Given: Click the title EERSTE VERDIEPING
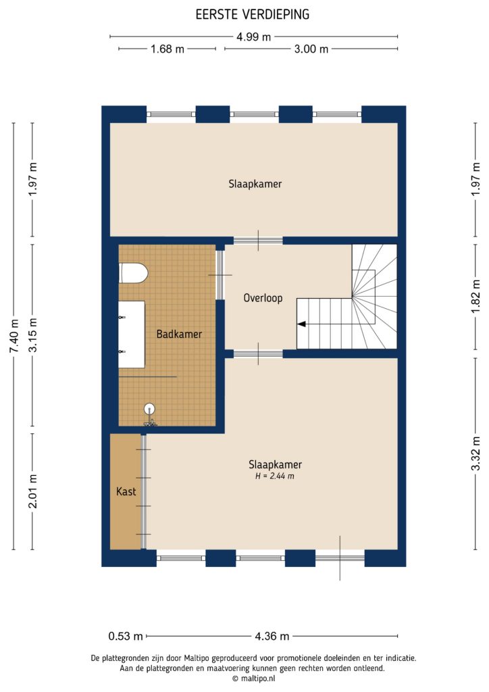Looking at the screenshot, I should coord(253,14).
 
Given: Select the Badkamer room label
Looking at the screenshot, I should coord(179,334).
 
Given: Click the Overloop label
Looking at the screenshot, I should coord(263,298).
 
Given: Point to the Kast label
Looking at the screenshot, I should coord(126,492).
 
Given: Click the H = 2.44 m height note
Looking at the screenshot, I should coord(275,476).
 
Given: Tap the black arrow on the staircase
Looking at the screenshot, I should coord(301,324).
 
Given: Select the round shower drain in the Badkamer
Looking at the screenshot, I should coord(150,408).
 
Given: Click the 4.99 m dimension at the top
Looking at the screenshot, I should coord(253,37).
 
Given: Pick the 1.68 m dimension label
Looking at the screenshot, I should coord(167,49).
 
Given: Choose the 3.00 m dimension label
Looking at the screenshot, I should coord(311,49).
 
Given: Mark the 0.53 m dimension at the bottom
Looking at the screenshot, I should coord(126,636).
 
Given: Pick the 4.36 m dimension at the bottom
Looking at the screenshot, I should coord(272,636).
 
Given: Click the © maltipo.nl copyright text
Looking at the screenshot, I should coord(253,678).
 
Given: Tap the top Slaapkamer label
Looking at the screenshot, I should coord(255,184).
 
